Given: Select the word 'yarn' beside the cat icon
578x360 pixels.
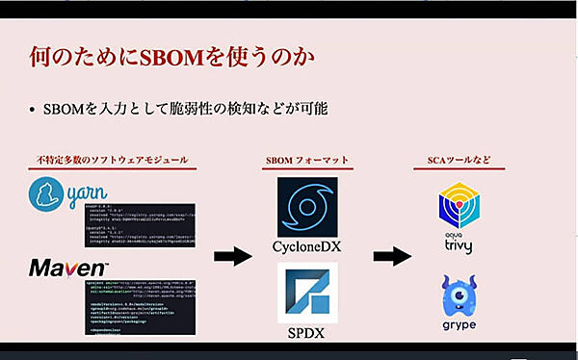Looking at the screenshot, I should coord(92,201).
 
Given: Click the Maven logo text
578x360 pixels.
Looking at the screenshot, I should coord(68,266).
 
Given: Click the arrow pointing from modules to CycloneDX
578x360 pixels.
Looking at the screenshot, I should coord(232,256).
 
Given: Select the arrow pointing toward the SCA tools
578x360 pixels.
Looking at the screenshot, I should coord(393,256).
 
